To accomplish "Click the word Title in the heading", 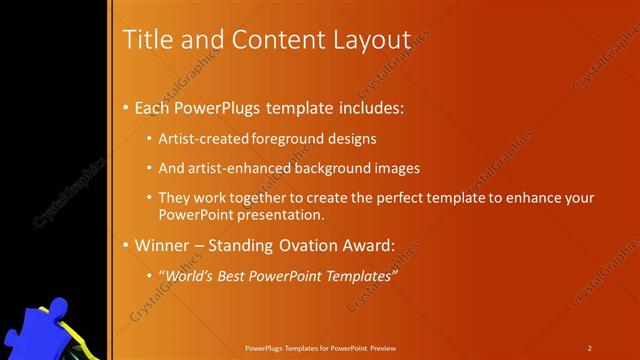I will pyautogui.click(x=144, y=39).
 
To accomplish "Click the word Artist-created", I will pyautogui.click(x=204, y=139).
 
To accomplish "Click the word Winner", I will pyautogui.click(x=161, y=245).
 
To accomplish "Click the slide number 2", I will pyautogui.click(x=590, y=347).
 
